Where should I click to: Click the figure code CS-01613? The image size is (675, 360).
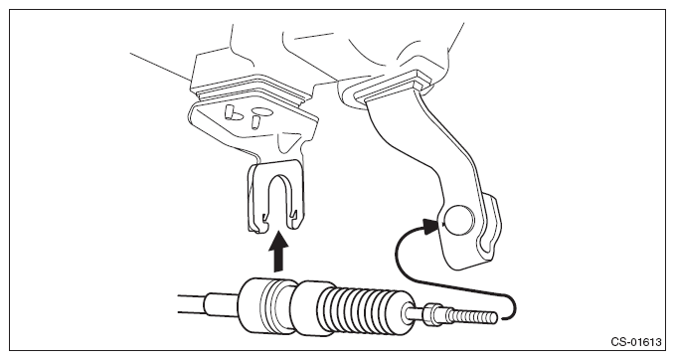[x=636, y=342]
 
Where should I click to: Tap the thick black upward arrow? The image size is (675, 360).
[x=278, y=252]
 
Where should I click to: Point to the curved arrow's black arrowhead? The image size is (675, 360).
[x=430, y=226]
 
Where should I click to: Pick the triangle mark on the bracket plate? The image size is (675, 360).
[x=289, y=141]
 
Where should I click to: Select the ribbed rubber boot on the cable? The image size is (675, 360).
[x=364, y=309]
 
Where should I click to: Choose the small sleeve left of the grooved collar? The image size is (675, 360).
[x=222, y=302]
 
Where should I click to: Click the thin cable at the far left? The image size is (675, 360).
[x=192, y=304]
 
